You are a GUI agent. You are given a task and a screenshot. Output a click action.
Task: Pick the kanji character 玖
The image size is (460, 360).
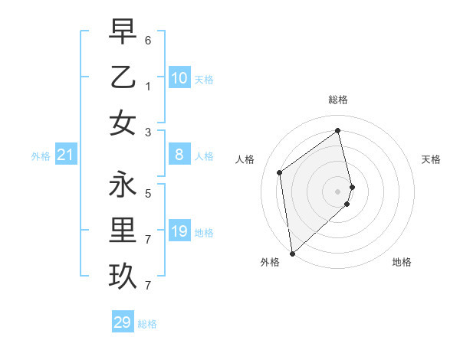(123, 276)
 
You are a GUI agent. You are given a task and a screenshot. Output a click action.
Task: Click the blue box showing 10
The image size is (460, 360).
(179, 78)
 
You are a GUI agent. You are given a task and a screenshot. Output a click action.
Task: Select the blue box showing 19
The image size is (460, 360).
(179, 231)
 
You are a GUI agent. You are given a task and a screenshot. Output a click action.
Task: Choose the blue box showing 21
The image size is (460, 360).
(65, 155)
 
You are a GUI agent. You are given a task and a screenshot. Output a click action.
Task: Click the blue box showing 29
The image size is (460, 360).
(122, 322)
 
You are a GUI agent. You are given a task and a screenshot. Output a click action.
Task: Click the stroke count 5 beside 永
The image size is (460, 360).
(148, 193)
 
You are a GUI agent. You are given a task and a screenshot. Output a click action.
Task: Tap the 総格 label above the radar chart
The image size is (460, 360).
(338, 100)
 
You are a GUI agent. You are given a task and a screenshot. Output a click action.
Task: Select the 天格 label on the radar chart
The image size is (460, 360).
(431, 159)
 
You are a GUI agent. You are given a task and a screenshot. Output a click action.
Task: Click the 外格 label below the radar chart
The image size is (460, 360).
(270, 262)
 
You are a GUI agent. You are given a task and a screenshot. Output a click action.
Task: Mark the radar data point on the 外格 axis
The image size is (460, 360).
(292, 253)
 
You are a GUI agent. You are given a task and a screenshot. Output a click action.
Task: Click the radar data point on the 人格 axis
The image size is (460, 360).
(280, 172)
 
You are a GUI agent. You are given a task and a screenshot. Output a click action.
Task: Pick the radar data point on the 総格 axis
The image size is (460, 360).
(338, 130)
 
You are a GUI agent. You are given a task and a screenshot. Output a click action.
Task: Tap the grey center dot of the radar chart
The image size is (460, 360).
(338, 191)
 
